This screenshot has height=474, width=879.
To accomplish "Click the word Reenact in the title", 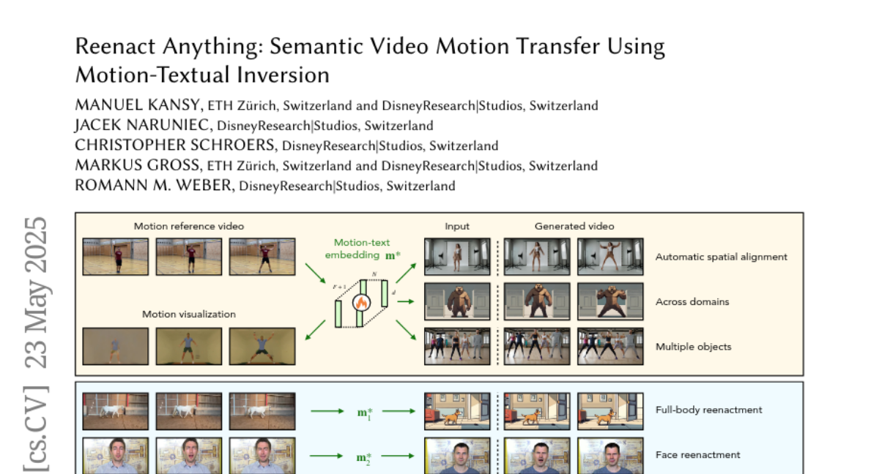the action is coord(115,46).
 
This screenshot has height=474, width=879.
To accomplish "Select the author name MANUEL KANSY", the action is coord(138,105).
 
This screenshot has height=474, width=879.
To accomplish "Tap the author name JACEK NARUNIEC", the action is coord(141,125).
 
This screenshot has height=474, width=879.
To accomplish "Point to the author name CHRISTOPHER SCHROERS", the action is coord(174,145).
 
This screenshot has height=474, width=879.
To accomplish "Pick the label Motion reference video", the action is coord(189,226).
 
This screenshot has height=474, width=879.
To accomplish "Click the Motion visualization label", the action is coord(189,315).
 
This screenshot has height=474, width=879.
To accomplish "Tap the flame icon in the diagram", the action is coord(361,302).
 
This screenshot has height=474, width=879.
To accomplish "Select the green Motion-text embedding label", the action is coord(363,249).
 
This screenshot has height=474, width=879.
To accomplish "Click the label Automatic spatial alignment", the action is coord(722,257).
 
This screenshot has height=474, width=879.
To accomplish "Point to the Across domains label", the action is coord(692,301).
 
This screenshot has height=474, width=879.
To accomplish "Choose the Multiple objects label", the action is coord(694,347).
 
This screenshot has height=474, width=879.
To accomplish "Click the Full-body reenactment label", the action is coord(709,410).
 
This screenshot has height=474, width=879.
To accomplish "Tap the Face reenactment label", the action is coord(697,455).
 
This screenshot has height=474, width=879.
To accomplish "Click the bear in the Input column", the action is coord(458,301).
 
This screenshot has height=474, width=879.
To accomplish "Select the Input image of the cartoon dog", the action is coord(457,411).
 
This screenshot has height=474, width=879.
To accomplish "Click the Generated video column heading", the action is coord(574,226).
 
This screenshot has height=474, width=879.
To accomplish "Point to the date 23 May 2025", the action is coord(36,293).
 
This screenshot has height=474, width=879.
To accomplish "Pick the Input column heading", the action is coord(457,227).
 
